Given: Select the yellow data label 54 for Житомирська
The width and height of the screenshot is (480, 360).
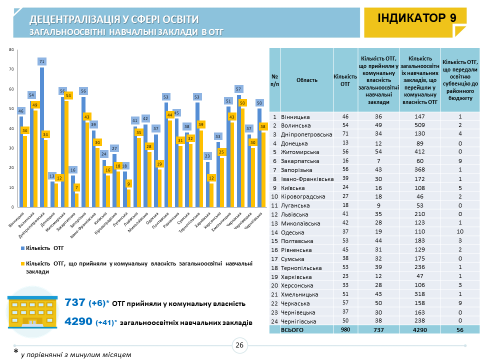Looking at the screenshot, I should coord(68,95).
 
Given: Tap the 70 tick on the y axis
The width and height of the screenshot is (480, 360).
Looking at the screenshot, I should coord(11,69).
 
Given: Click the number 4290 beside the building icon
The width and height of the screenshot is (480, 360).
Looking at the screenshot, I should coord(78,322).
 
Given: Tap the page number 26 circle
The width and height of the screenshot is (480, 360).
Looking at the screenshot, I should coord(239,344).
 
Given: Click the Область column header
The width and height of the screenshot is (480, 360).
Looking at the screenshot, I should coord(306,79).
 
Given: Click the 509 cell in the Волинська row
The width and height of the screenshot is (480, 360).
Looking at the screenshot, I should coord(420,125).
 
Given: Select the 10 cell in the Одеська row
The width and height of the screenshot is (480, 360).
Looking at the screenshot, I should coord(459,232).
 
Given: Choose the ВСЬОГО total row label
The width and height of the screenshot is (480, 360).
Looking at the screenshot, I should coord(293,330).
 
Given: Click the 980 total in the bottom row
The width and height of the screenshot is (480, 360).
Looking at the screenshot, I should coord(345,330).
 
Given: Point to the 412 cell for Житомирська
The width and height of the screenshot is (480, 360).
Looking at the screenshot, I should coord(420,151).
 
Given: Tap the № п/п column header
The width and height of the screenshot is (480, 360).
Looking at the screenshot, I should coord(274,79).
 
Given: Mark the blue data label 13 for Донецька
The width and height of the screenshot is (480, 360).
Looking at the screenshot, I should coord(52,176).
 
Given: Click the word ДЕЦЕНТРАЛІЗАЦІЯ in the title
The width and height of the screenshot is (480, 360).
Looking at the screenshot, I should coord(75,19).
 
